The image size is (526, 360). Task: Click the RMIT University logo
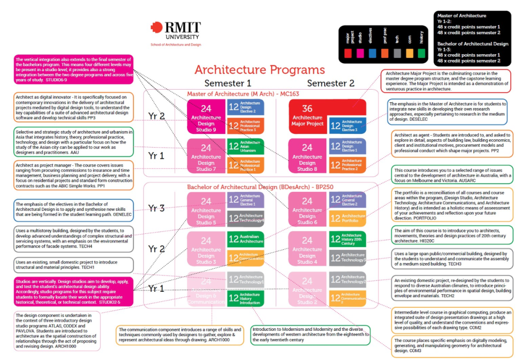[176, 31]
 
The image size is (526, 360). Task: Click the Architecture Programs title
[259, 70]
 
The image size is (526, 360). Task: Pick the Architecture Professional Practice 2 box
[348, 165]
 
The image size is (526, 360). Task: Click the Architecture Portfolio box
[348, 218]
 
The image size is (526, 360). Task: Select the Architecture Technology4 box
[245, 218]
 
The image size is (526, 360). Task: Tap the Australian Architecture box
[245, 239]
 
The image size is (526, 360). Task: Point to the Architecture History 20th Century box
[348, 239]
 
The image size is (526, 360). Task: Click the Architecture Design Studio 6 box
[307, 209]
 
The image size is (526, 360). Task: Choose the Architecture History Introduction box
[245, 298]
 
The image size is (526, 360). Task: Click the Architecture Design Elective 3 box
[348, 125]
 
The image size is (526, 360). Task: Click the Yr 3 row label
[156, 208]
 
